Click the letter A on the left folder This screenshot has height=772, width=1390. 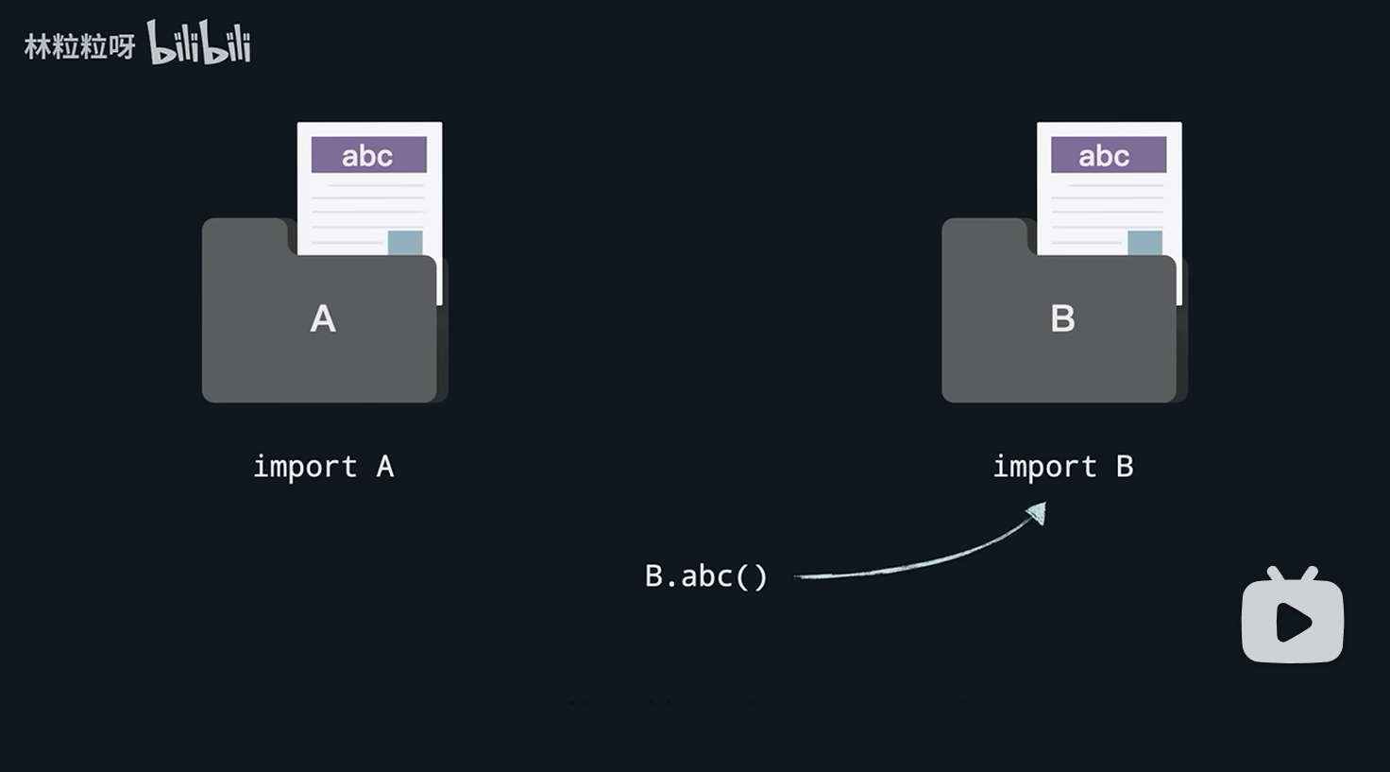click(323, 319)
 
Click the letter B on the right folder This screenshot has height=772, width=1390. click(1062, 319)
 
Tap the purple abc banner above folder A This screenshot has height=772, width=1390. click(368, 155)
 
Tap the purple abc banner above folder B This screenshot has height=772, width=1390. click(1108, 155)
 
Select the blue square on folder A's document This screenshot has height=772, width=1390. click(405, 243)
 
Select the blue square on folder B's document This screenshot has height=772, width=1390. click(1144, 243)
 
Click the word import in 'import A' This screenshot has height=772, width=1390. click(305, 467)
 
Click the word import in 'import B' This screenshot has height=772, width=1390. click(1044, 467)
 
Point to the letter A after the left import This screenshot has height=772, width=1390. click(384, 467)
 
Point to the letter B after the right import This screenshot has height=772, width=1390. click(1124, 467)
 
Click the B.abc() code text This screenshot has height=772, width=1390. click(706, 575)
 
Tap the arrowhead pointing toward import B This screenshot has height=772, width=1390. click(1037, 513)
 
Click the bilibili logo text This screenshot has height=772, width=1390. click(199, 43)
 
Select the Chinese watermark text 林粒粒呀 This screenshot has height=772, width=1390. click(79, 46)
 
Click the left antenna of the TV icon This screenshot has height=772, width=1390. click(1274, 574)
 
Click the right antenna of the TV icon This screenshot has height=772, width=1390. click(1309, 574)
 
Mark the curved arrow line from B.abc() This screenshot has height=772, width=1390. click(916, 563)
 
